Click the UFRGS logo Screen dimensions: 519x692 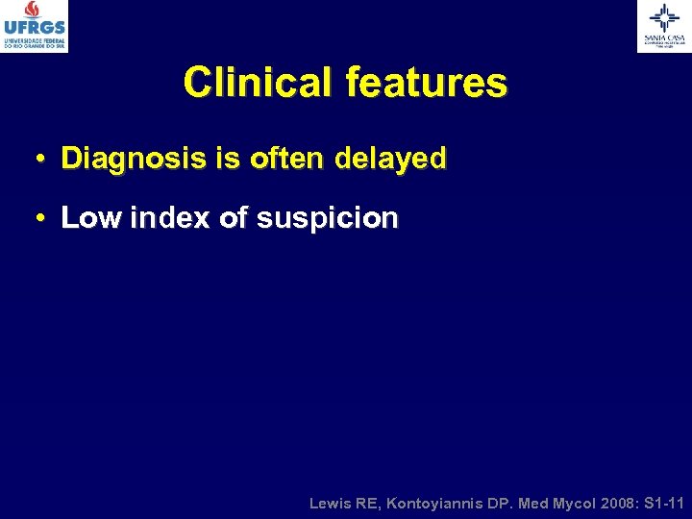pos(35,26)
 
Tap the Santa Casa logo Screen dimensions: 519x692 pos(663,26)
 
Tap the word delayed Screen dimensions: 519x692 pos(390,158)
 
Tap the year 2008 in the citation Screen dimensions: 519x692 pos(607,503)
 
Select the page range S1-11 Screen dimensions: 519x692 pos(663,503)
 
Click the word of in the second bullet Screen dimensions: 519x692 pos(234,218)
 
